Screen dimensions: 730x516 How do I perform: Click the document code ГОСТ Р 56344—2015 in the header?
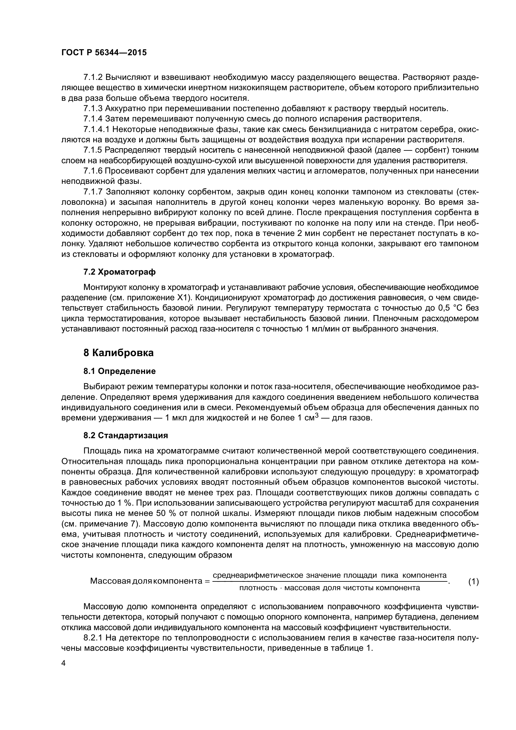point(104,53)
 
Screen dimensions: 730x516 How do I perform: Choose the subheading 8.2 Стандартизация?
point(125,435)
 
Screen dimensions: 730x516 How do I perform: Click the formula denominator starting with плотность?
point(329,588)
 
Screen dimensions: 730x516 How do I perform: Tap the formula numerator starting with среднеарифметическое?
point(329,575)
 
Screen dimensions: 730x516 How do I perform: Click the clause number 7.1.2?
point(93,77)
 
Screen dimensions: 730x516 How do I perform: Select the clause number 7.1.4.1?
point(97,129)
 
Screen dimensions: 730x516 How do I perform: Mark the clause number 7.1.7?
point(93,192)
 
